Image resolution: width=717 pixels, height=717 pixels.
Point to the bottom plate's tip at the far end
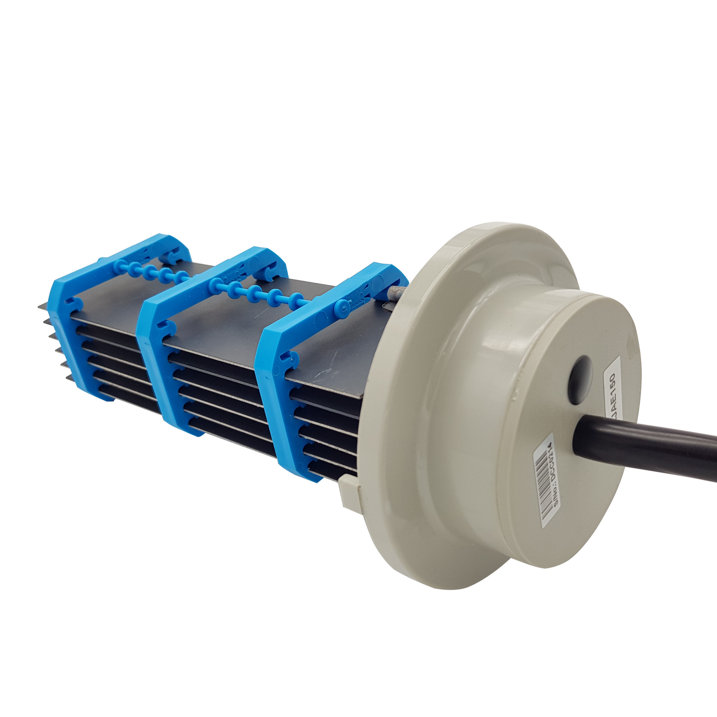[68, 378]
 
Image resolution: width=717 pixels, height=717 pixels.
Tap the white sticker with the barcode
[548, 479]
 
